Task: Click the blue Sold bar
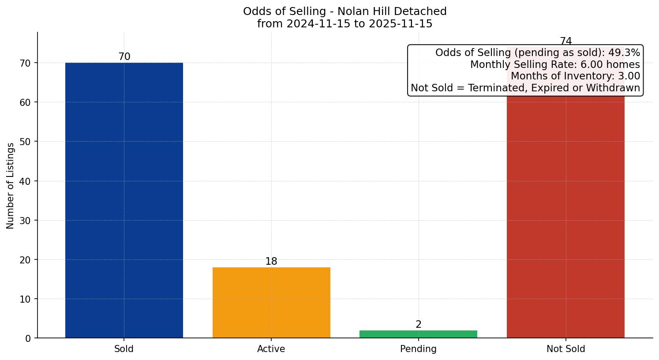pyautogui.click(x=124, y=200)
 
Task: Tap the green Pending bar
pyautogui.click(x=418, y=334)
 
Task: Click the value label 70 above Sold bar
pyautogui.click(x=124, y=57)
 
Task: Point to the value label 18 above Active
pyautogui.click(x=271, y=262)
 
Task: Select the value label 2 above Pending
pyautogui.click(x=418, y=325)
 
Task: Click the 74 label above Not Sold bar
pyautogui.click(x=565, y=41)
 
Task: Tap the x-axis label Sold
pyautogui.click(x=124, y=349)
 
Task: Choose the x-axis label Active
pyautogui.click(x=271, y=349)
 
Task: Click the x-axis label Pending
pyautogui.click(x=418, y=349)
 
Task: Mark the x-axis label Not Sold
pyautogui.click(x=565, y=349)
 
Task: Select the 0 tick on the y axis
pyautogui.click(x=28, y=338)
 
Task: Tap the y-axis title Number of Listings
pyautogui.click(x=11, y=185)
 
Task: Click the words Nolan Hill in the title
pyautogui.click(x=358, y=11)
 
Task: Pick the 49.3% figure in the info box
pyautogui.click(x=624, y=53)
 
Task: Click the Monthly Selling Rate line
pyautogui.click(x=554, y=64)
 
